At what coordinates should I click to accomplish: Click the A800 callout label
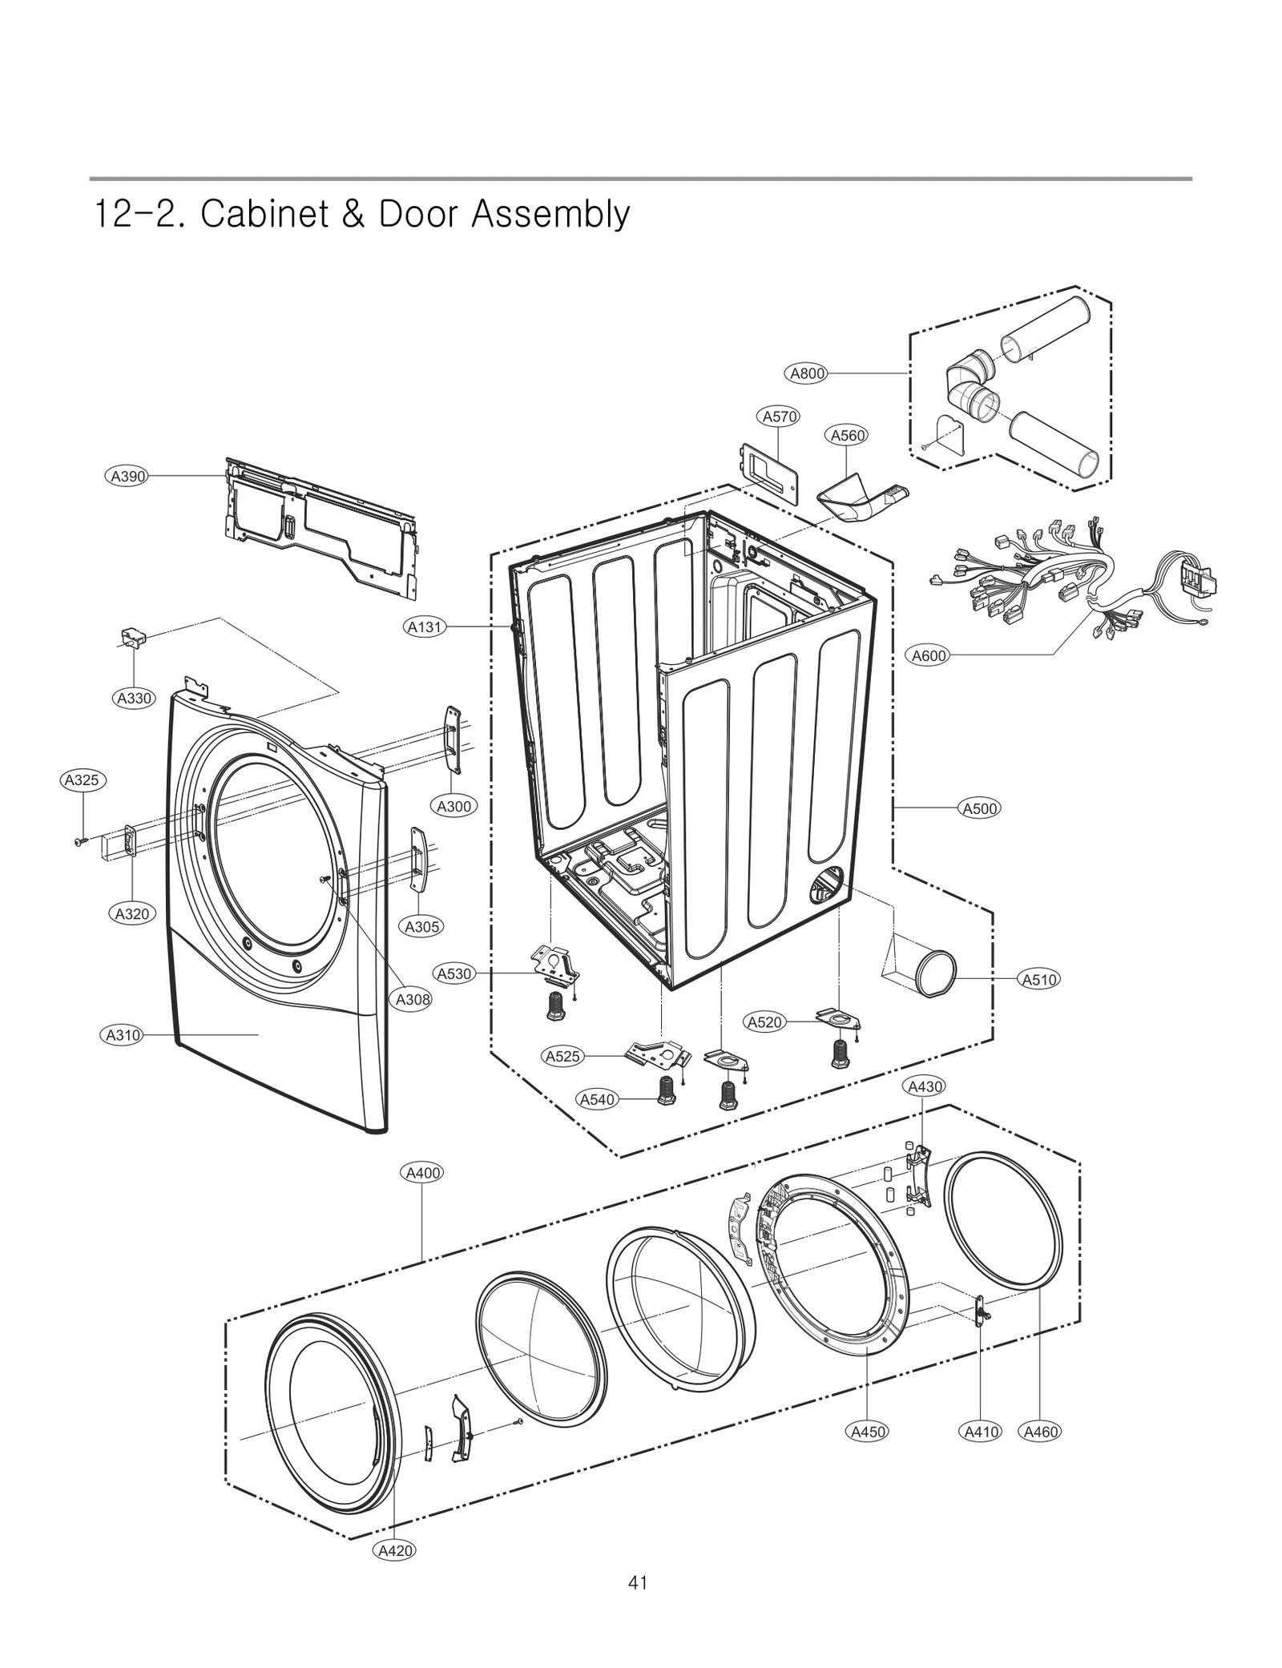[x=807, y=373]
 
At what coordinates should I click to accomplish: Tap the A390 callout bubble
[x=127, y=476]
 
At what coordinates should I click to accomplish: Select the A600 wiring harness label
[x=929, y=655]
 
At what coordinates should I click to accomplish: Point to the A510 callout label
[x=1039, y=979]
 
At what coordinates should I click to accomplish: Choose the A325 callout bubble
[x=83, y=780]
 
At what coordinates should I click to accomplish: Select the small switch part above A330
[x=133, y=638]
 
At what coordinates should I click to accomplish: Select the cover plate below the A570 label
[x=770, y=473]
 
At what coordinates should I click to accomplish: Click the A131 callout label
[x=425, y=627]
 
